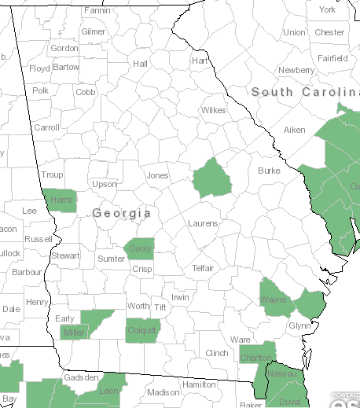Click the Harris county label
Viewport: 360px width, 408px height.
[x=61, y=200]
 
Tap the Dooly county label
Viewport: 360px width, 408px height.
[x=141, y=249]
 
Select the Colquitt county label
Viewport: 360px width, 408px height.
[x=142, y=330]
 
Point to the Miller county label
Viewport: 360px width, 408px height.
[x=72, y=333]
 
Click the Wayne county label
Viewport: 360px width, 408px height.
[x=273, y=300]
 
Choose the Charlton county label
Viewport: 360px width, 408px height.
[x=255, y=358]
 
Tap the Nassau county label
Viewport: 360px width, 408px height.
[x=285, y=374]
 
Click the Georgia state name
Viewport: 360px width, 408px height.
[x=121, y=213]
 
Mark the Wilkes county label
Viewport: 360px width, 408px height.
[x=213, y=110]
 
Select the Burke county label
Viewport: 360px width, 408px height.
[x=269, y=170]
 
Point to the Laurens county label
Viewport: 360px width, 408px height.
[x=203, y=223]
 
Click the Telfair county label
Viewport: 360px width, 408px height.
[x=203, y=268]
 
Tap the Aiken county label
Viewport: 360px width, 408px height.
[x=294, y=130]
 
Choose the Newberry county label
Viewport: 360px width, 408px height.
[x=296, y=70]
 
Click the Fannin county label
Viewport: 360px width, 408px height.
[x=97, y=11]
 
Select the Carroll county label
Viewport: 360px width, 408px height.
[x=46, y=127]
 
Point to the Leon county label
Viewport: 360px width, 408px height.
[x=108, y=391]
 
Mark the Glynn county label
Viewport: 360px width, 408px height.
[x=299, y=325]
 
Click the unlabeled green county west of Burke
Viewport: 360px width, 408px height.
[x=212, y=178]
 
